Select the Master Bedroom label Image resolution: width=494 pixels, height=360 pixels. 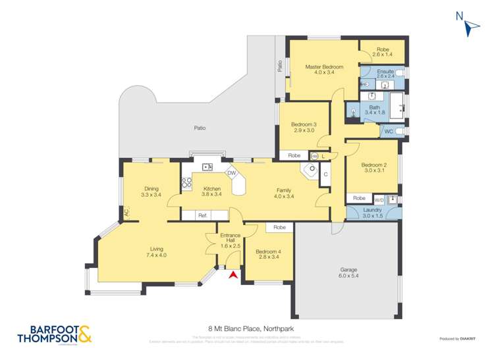click(x=324, y=70)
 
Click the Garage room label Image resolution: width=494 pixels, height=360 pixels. click(x=348, y=272)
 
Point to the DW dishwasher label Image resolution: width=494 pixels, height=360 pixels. click(x=231, y=173)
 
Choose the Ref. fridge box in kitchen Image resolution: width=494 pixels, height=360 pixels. click(x=203, y=215)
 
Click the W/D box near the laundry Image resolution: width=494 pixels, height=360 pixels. click(x=379, y=199)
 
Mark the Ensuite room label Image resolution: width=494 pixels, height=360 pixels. click(x=385, y=73)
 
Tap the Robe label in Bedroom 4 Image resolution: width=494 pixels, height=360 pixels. click(x=280, y=227)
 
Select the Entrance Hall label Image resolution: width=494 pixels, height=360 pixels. click(x=230, y=239)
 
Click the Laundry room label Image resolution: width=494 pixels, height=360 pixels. click(x=372, y=213)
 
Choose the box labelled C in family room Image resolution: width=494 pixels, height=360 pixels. click(x=325, y=174)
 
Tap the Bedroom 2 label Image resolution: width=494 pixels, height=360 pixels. click(x=374, y=168)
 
